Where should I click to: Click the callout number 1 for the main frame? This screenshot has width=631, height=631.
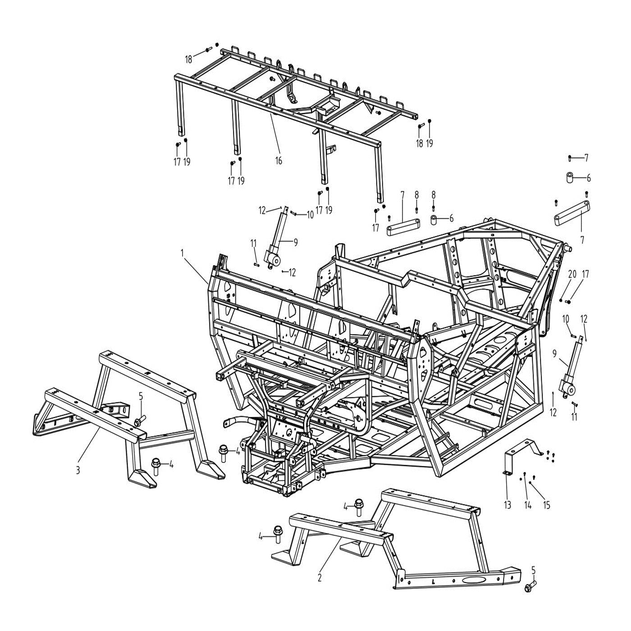(183, 254)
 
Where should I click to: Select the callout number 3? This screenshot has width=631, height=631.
(78, 471)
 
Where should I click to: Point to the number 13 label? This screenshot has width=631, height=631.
(508, 505)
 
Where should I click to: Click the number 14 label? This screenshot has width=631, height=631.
(528, 505)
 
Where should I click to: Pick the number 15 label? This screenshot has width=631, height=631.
(547, 505)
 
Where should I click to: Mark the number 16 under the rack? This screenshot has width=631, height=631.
(279, 160)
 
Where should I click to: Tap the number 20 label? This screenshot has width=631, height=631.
(572, 274)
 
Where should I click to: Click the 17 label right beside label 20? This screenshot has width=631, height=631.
(585, 274)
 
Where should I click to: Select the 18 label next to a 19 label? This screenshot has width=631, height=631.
(420, 143)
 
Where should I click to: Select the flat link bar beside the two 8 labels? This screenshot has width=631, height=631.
(403, 227)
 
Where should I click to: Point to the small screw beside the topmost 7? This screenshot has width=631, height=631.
(570, 158)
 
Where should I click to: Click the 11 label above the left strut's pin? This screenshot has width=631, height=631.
(254, 243)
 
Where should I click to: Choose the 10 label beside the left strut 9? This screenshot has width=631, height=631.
(310, 215)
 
